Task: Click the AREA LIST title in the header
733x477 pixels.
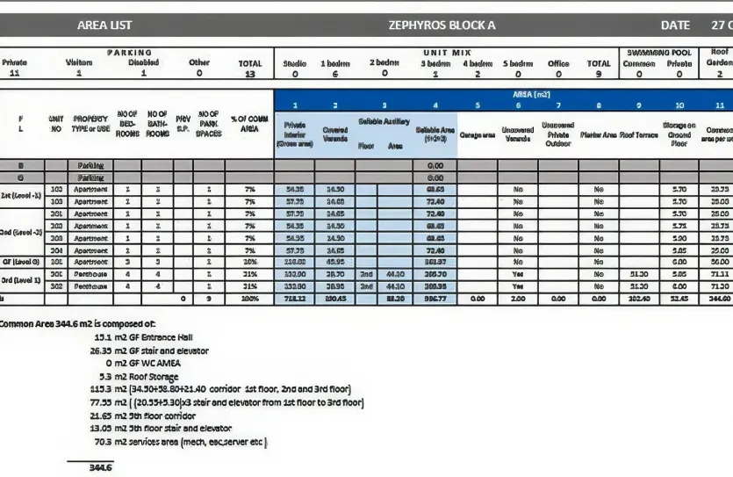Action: [104, 25]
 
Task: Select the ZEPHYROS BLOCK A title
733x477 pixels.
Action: [442, 25]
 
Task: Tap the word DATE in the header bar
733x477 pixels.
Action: [676, 25]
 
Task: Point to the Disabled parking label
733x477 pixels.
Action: [144, 63]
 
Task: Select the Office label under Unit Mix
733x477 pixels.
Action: [558, 63]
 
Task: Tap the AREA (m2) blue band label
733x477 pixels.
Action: [531, 92]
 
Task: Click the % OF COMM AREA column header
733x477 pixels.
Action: [249, 123]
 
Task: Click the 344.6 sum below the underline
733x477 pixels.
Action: [101, 468]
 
